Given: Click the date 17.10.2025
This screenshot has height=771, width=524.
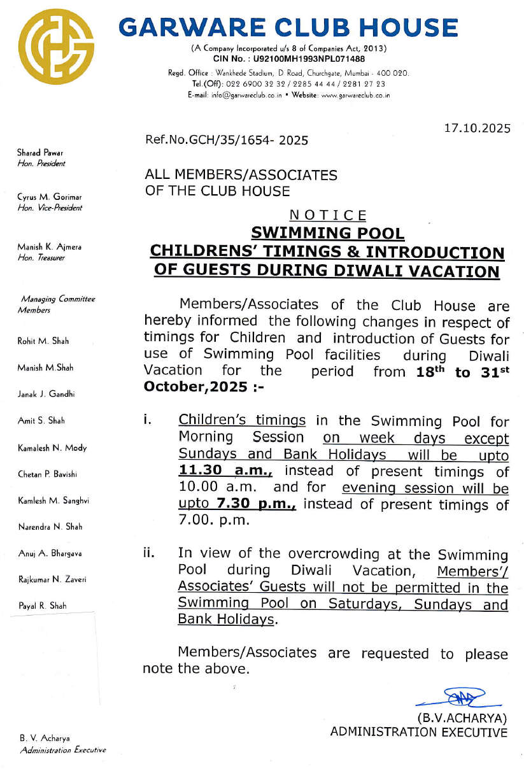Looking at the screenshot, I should pos(477,128).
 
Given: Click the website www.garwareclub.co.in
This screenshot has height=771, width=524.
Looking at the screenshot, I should pos(355,95).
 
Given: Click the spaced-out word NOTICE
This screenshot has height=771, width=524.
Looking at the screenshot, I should pos(327,216).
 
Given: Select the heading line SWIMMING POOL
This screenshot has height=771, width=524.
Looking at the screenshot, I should pos(327,233).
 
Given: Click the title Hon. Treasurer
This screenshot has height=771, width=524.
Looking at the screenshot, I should pos(41,258).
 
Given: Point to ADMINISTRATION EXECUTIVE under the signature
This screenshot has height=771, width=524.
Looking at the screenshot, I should pos(418,732).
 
